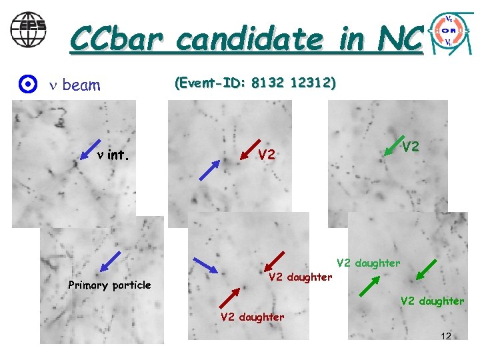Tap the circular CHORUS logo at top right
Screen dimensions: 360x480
[x=450, y=32]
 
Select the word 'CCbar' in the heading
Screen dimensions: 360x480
[x=118, y=39]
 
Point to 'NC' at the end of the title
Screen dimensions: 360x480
[x=399, y=39]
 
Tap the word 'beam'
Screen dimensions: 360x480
[x=81, y=85]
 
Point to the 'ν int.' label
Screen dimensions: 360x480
[x=112, y=156]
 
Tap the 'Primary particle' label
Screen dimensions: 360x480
[x=109, y=285]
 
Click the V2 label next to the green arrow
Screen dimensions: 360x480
[x=411, y=146]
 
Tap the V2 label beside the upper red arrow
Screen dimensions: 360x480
[x=267, y=155]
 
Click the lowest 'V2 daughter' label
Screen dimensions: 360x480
[x=252, y=317]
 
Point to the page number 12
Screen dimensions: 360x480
[x=446, y=335]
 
